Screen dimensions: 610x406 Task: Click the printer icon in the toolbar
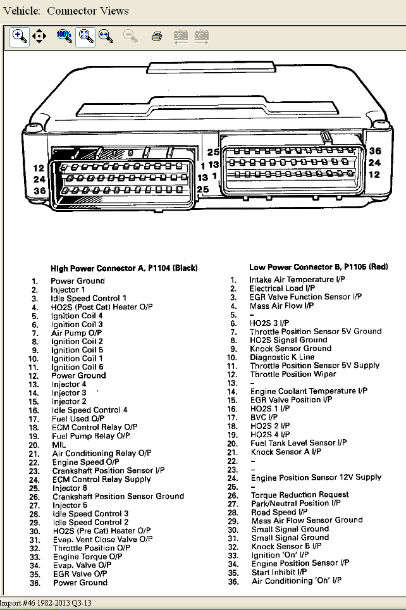(x=157, y=37)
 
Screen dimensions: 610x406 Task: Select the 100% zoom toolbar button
(x=65, y=37)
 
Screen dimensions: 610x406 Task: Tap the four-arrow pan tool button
(x=39, y=37)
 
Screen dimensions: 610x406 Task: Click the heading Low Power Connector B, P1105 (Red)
(x=318, y=267)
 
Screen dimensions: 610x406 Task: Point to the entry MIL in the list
(x=58, y=445)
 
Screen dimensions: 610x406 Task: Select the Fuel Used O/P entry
(x=78, y=419)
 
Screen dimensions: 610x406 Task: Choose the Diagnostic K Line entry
(x=282, y=357)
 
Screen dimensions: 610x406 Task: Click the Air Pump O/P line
(x=77, y=333)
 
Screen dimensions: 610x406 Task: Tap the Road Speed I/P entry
(x=280, y=512)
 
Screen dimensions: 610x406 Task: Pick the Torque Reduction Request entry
(x=300, y=495)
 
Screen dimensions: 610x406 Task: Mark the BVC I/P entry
(x=264, y=418)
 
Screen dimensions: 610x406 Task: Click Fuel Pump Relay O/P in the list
(x=91, y=436)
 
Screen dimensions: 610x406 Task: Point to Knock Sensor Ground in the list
(x=291, y=348)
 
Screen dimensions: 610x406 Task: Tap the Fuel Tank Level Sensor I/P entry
(x=298, y=443)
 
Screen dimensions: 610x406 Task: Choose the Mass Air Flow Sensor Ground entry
(x=307, y=520)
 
